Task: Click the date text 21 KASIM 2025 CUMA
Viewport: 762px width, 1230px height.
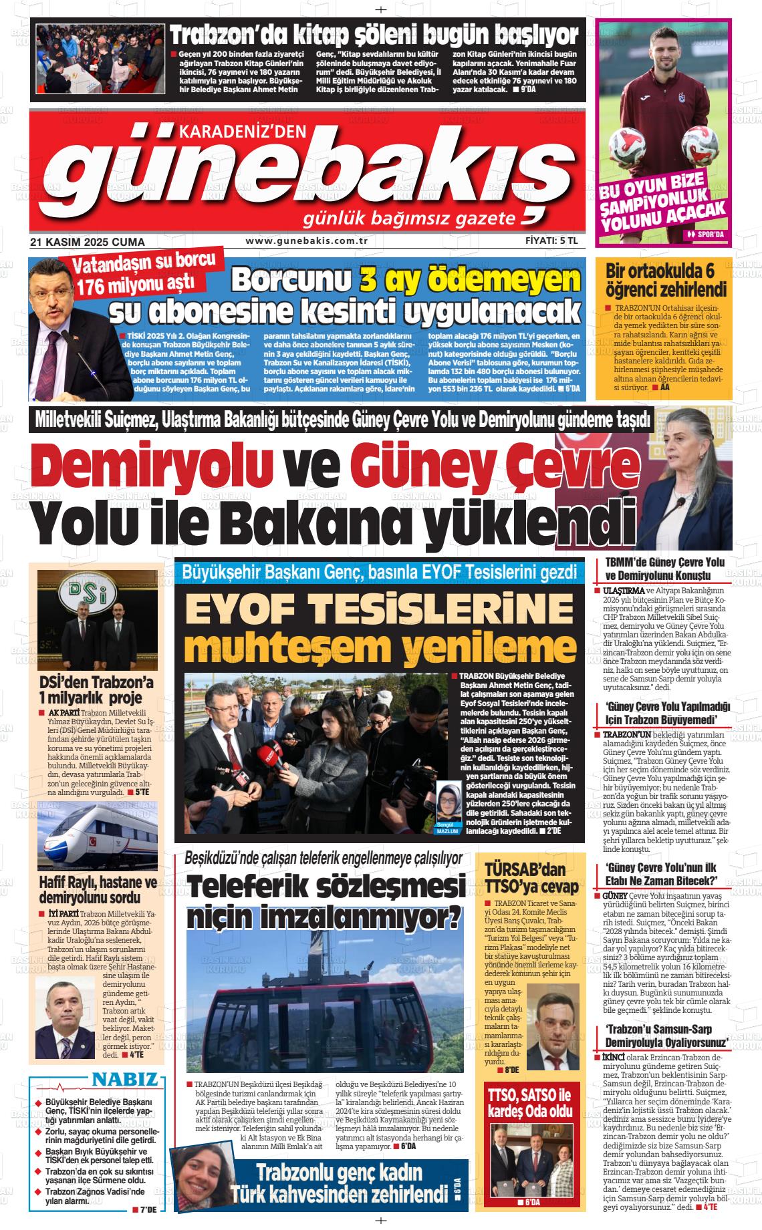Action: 88,242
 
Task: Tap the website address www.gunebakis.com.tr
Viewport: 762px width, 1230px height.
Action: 307,241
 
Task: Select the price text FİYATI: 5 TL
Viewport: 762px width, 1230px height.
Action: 551,241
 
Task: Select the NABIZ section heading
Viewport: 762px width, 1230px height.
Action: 125,1080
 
